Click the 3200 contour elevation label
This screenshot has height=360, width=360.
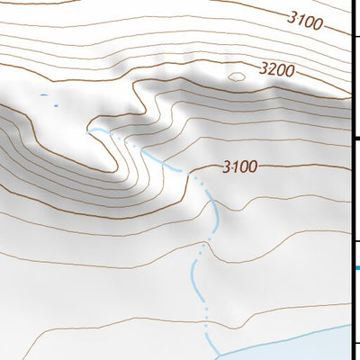click(277, 68)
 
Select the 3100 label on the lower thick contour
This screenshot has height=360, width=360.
click(239, 166)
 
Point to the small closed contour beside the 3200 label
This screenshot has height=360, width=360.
click(237, 76)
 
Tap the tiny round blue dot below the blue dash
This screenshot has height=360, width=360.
click(55, 105)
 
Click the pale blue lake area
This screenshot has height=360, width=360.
click(297, 346)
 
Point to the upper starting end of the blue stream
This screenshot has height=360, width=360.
click(88, 130)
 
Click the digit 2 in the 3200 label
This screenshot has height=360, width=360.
click(272, 68)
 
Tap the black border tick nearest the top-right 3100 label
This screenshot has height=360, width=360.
click(355, 36)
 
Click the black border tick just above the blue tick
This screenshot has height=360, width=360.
click(355, 239)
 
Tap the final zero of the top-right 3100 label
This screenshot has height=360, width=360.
click(317, 22)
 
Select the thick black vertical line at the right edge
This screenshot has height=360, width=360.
click(351, 180)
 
